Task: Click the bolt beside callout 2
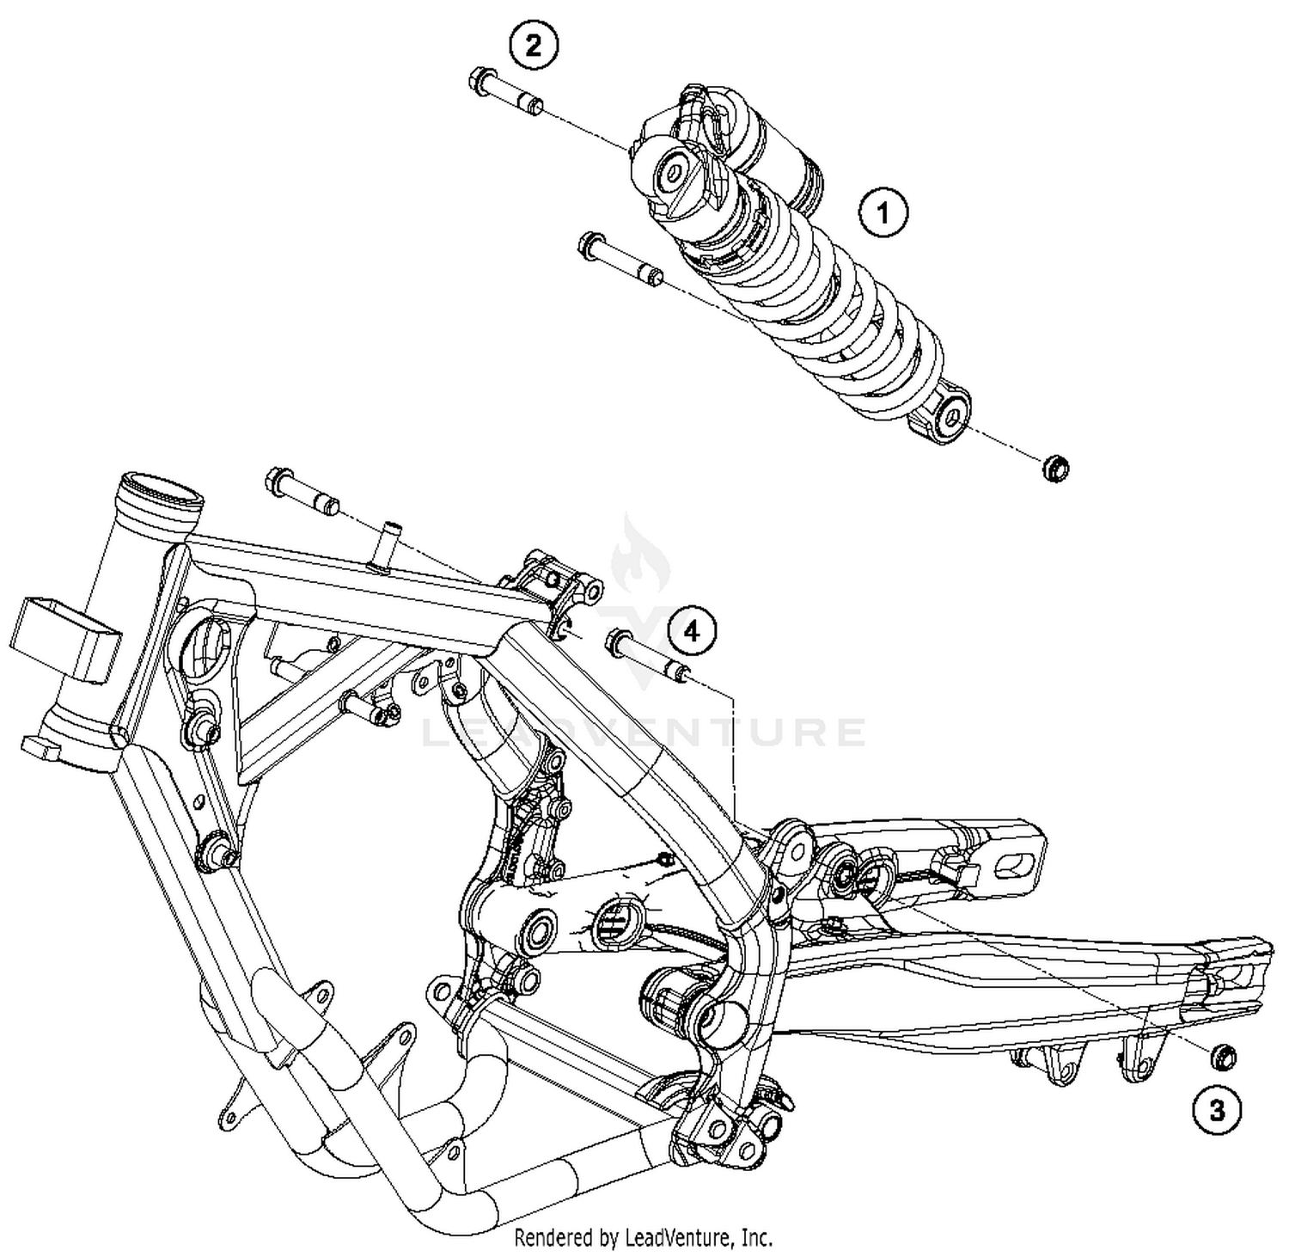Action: (x=506, y=94)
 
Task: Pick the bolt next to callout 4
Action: (x=647, y=655)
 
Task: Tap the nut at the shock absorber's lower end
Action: (x=1056, y=469)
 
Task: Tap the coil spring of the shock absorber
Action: (x=825, y=310)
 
